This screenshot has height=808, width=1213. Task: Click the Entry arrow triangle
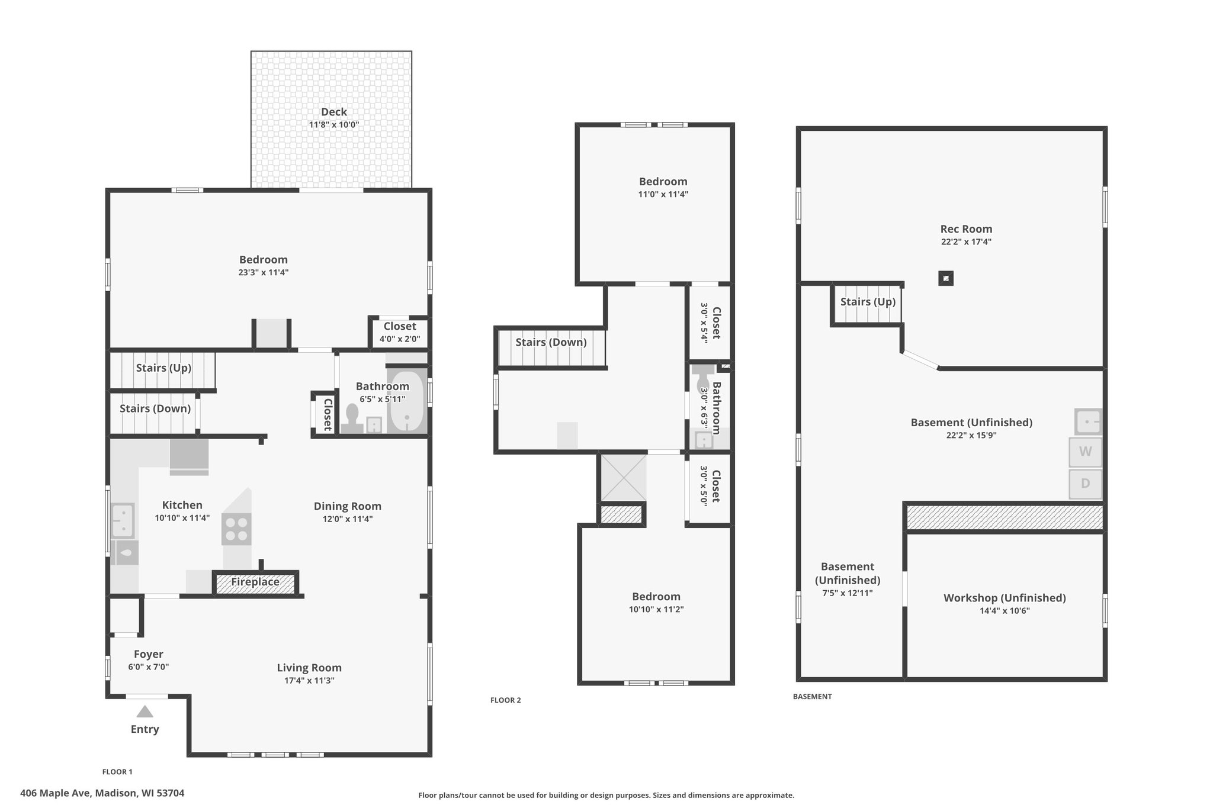(145, 712)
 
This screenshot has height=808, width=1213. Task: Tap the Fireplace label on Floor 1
(255, 582)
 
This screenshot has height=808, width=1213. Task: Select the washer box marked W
(1086, 452)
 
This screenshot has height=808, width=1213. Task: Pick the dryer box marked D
(1086, 484)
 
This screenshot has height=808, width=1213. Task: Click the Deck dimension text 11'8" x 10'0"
(334, 125)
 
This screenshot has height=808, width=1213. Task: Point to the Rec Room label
(966, 229)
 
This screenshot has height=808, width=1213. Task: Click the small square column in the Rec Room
(946, 278)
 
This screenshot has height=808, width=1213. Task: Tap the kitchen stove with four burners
(236, 529)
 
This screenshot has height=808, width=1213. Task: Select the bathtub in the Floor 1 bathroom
(407, 401)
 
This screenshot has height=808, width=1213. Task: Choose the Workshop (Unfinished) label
(1005, 598)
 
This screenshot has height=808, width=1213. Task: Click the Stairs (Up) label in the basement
(868, 302)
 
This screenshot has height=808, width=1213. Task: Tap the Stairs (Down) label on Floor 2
(551, 342)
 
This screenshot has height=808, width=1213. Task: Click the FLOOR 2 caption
(506, 700)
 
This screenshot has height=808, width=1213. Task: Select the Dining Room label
(348, 506)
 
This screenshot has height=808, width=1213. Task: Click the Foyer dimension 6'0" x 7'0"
(149, 667)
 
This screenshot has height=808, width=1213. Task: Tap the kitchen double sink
(123, 519)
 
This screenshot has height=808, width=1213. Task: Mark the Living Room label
(309, 668)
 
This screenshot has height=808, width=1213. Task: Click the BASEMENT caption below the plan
(813, 697)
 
